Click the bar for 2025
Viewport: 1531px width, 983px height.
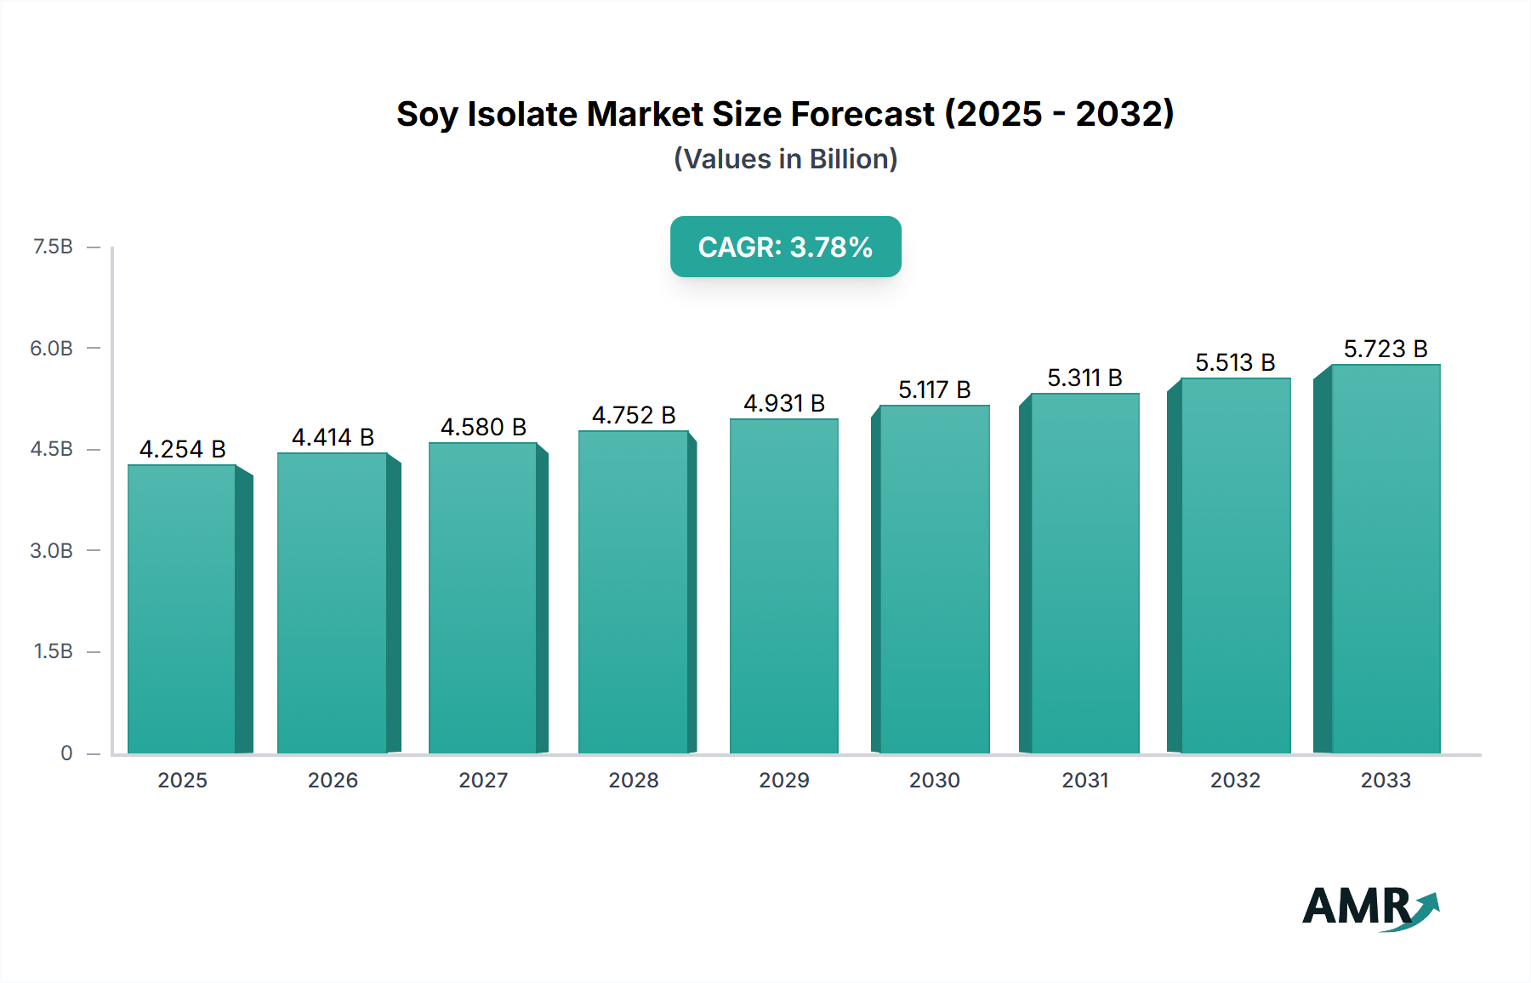coord(182,608)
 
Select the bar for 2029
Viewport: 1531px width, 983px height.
coord(783,586)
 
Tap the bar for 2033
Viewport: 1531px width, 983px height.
coord(1386,559)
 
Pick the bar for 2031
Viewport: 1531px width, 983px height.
coord(1084,573)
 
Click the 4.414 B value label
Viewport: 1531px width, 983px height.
coord(333,437)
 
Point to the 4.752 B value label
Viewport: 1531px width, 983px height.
coord(634,415)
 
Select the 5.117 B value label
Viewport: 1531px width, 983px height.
coord(934,389)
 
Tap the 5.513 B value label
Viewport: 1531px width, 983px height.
coord(1235,362)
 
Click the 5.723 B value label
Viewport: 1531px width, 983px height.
coord(1386,349)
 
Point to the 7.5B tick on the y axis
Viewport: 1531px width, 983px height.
coord(53,247)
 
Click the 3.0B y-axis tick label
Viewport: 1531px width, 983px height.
coord(52,550)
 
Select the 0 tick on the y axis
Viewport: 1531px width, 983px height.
coord(66,753)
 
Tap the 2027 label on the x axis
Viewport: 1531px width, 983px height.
coord(483,780)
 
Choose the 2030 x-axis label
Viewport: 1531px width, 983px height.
coord(934,780)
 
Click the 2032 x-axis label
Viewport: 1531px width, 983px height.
coord(1235,780)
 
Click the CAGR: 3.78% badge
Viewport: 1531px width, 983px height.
coord(785,247)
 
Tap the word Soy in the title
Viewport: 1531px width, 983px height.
coord(428,114)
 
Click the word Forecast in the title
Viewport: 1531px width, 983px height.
coord(862,114)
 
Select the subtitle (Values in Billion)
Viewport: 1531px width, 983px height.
coord(785,159)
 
